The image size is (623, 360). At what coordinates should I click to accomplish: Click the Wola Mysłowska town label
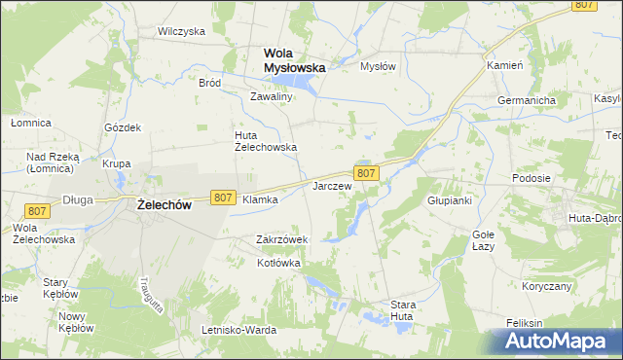295,59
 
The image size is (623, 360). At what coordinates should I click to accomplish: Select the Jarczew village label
331,185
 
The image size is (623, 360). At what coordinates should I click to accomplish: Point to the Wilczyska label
182,31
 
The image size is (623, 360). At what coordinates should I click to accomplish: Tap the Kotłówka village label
278,264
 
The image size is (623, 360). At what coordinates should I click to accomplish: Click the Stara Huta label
403,310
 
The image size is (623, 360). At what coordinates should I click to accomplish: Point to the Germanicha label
526,100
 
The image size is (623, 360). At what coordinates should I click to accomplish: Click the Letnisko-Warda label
238,330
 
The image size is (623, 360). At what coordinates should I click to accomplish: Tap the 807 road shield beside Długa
37,211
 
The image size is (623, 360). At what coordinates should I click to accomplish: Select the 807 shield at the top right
584,5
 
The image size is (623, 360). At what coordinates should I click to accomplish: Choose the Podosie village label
532,179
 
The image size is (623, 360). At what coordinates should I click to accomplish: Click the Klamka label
260,199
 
